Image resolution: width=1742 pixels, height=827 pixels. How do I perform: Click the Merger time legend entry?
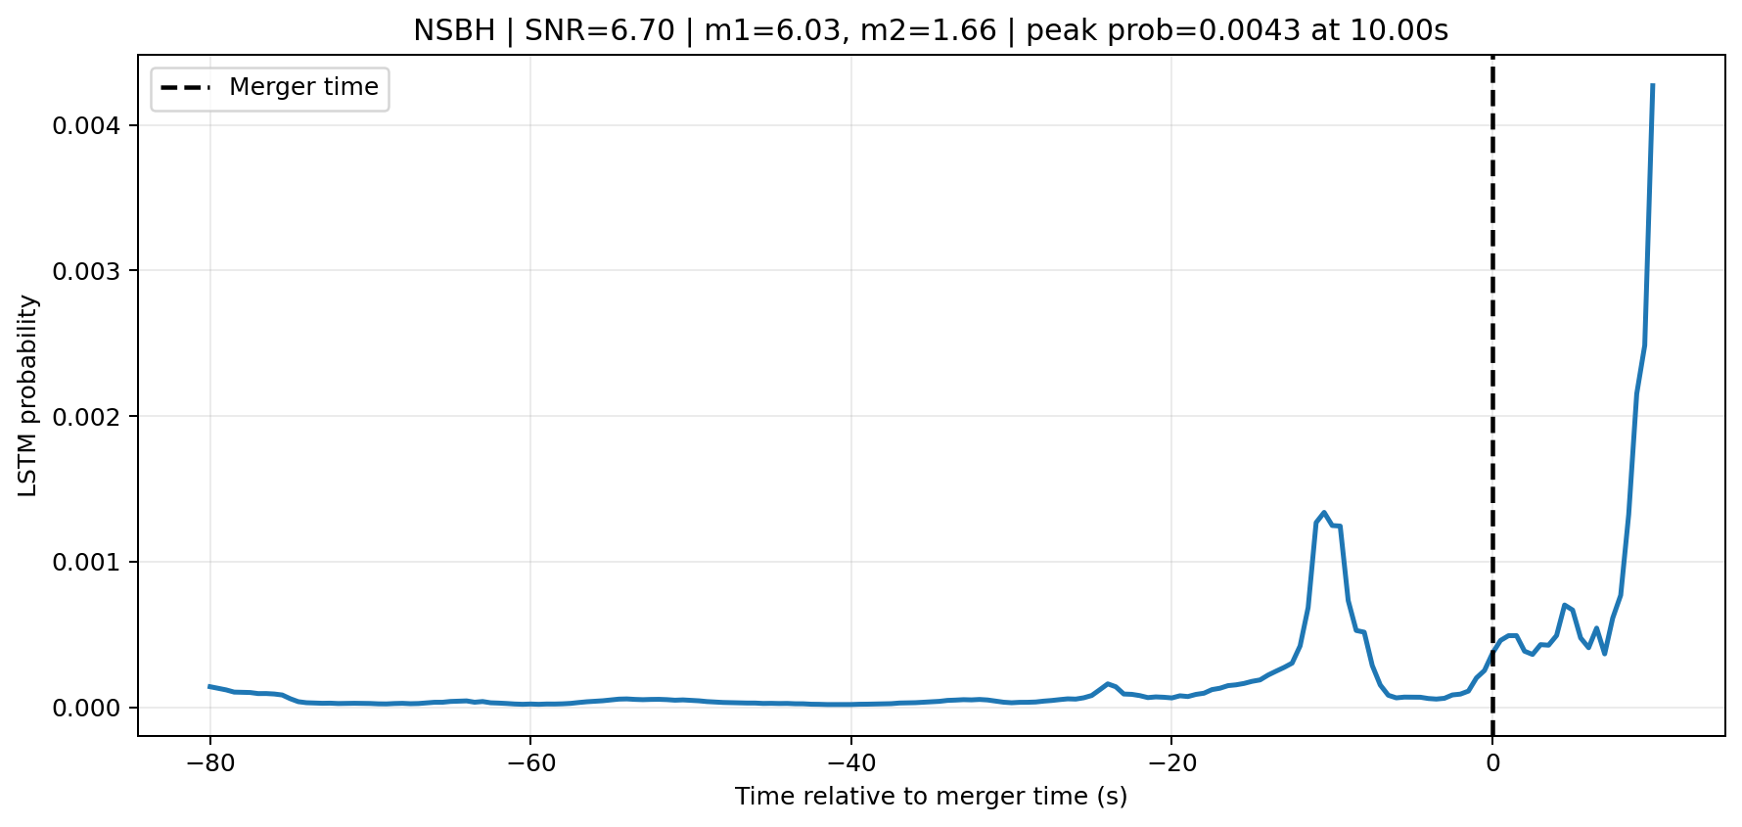270,88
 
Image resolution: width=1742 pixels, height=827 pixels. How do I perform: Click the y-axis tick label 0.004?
94,126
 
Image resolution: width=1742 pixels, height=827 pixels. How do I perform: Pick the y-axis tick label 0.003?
94,271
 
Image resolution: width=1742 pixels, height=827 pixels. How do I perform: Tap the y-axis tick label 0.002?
94,417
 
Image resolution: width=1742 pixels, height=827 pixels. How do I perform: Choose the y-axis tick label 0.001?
94,563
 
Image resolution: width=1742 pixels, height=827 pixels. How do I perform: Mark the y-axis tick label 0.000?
94,708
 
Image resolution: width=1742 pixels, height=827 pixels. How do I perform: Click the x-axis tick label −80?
209,762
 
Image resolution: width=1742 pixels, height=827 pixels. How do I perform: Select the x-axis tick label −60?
529,762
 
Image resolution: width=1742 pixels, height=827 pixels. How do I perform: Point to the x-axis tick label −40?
850,762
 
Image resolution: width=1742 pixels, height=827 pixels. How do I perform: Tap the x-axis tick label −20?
1171,762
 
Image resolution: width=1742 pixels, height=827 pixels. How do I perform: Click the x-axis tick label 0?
1492,762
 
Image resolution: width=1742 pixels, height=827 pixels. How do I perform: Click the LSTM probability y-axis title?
28,395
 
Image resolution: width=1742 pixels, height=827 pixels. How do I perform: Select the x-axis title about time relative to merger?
932,797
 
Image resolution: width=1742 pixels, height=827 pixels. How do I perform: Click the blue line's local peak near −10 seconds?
1324,512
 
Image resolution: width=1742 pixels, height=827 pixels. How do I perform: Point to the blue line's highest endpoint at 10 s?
1652,85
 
